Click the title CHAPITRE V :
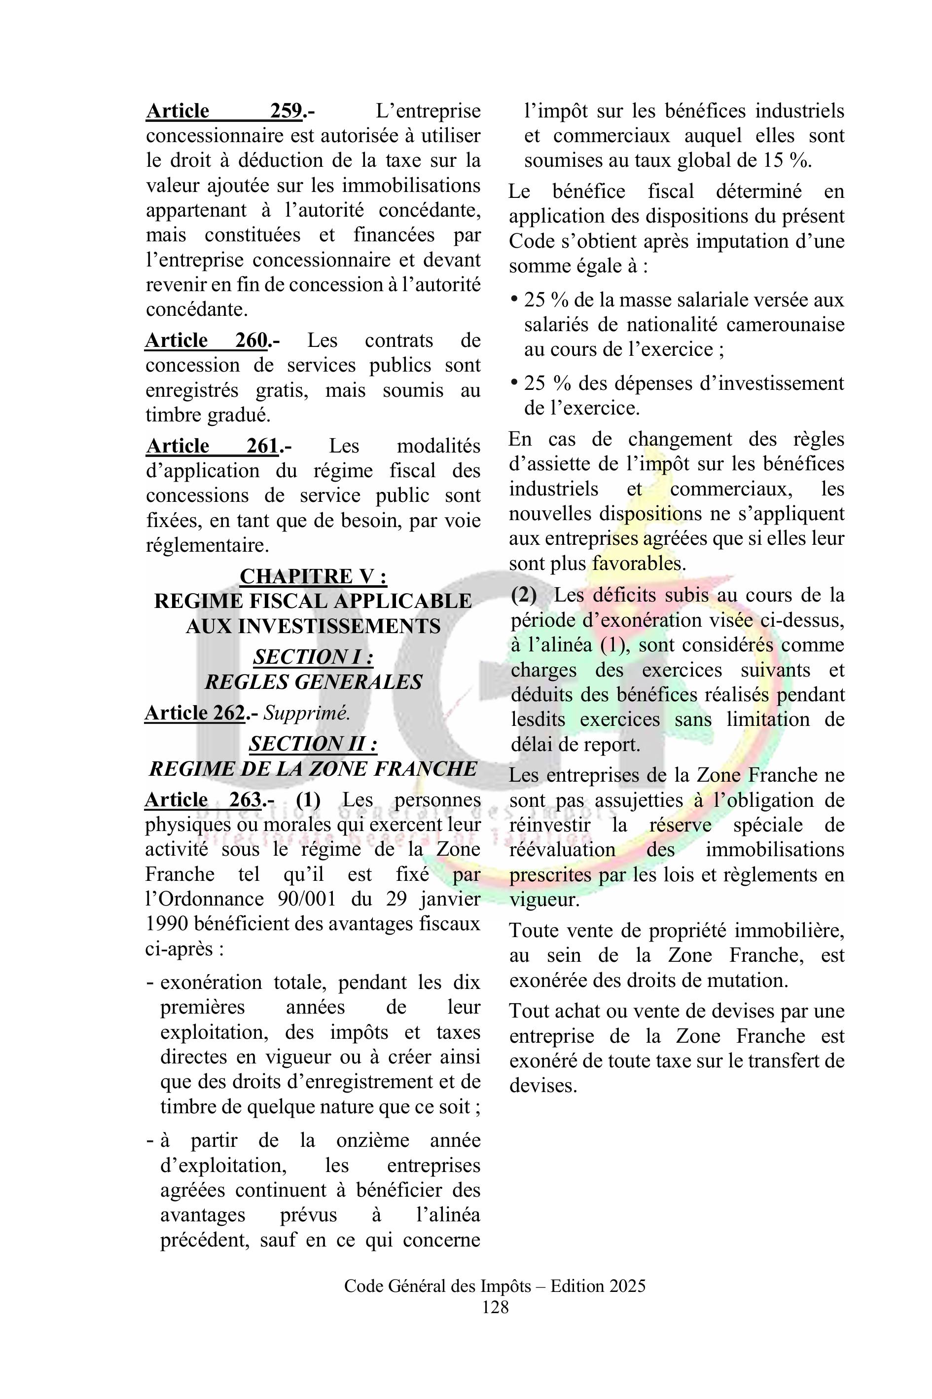[x=313, y=576]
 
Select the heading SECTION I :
[x=313, y=657]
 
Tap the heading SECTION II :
[x=313, y=744]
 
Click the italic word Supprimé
[x=307, y=713]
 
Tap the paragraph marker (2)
[x=524, y=596]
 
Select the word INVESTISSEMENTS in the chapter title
[x=313, y=626]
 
